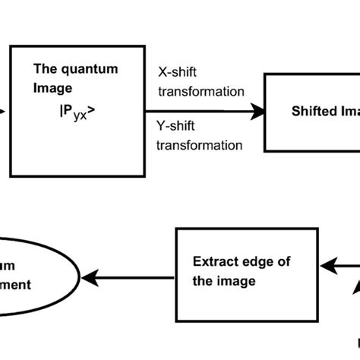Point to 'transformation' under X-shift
201,92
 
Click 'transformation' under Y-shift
201,144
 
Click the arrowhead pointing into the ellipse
90,277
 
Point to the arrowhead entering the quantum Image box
4,111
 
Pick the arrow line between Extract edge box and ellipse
133,277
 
